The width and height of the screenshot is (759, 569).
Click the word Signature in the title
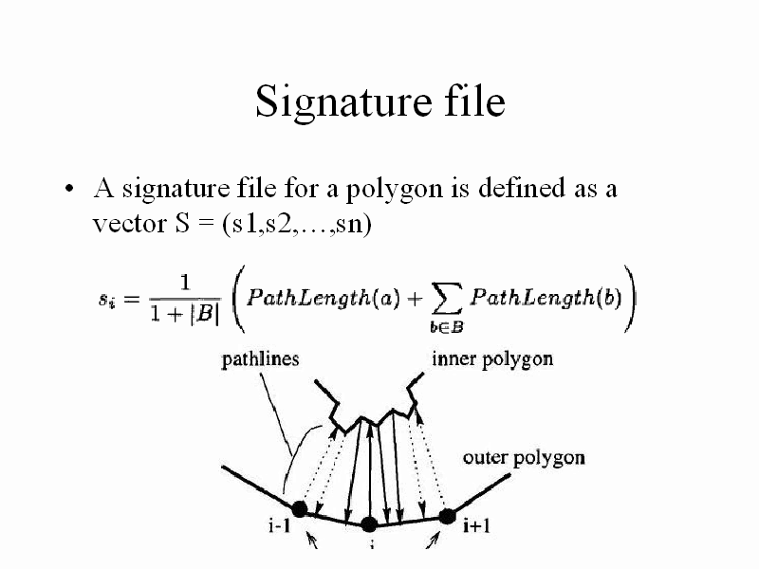click(x=343, y=102)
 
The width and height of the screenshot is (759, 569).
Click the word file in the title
click(x=475, y=101)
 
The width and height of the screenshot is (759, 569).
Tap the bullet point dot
click(x=69, y=188)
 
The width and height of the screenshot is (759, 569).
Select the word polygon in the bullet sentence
click(x=394, y=189)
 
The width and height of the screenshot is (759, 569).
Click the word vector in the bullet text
click(x=129, y=224)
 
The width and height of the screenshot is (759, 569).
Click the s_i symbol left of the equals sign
click(x=106, y=301)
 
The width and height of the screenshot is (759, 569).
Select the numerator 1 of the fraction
click(x=185, y=282)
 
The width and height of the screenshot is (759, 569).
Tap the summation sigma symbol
click(x=446, y=300)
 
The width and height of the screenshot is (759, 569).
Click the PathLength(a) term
click(x=323, y=298)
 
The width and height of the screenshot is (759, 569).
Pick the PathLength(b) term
click(x=546, y=298)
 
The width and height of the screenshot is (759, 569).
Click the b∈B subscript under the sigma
click(x=446, y=327)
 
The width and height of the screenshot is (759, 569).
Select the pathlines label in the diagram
click(x=260, y=360)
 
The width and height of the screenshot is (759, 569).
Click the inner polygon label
click(x=492, y=360)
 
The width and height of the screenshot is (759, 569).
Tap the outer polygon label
click(x=524, y=458)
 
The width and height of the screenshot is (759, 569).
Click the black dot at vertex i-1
click(x=300, y=509)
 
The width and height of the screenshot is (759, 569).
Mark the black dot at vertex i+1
click(x=447, y=517)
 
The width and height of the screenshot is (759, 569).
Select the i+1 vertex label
click(x=477, y=525)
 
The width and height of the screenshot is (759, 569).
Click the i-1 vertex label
click(x=280, y=525)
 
